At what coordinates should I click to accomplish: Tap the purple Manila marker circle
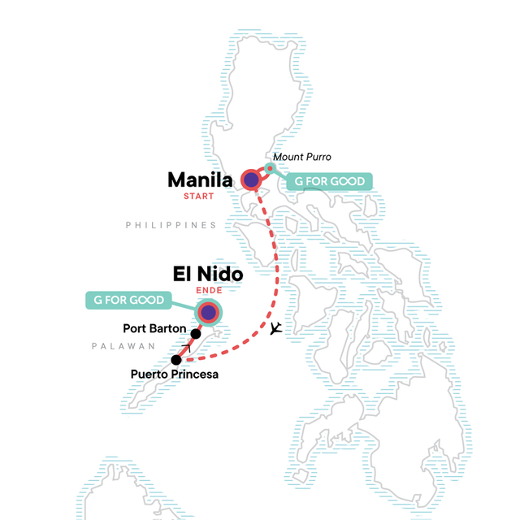(251, 180)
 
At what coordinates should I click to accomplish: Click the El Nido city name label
(207, 275)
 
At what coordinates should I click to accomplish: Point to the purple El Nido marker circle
(209, 313)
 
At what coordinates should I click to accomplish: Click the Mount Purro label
(302, 157)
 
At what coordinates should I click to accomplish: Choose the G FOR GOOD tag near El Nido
(128, 301)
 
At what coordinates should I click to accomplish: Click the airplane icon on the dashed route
(277, 327)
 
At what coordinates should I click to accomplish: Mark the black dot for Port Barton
(196, 333)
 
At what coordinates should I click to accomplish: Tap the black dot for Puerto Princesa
(176, 359)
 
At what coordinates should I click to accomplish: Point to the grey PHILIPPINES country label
(171, 225)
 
